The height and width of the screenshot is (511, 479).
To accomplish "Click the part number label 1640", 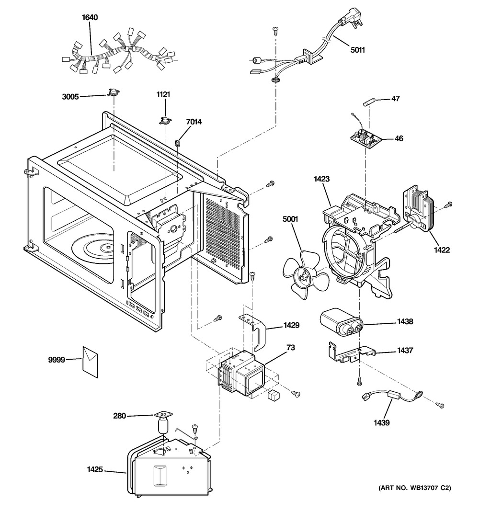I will click(x=90, y=18).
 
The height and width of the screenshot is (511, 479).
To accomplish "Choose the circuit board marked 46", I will click(x=366, y=139).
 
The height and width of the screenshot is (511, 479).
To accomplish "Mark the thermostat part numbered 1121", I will click(x=165, y=120).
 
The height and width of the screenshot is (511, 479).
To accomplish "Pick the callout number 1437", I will click(x=405, y=351).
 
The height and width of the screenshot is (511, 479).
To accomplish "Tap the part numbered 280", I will click(x=163, y=421).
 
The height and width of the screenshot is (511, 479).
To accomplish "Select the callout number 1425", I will click(x=95, y=470).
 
